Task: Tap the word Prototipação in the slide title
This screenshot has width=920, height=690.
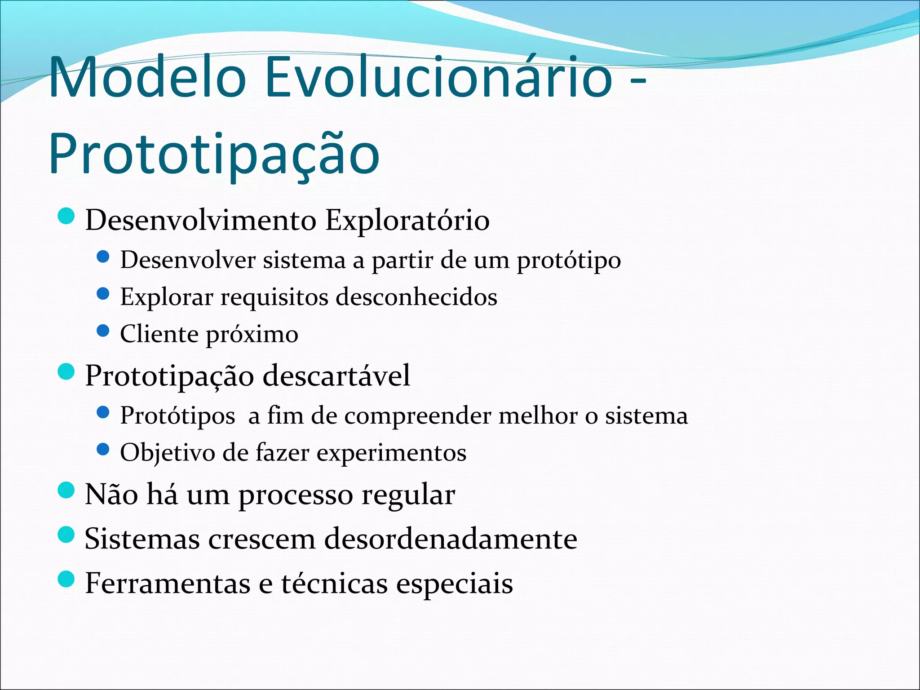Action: (x=214, y=154)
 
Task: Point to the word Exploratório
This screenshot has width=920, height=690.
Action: (x=407, y=220)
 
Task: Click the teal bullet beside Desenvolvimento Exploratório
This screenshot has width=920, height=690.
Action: (x=66, y=216)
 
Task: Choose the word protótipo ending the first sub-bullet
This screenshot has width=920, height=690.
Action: (x=569, y=261)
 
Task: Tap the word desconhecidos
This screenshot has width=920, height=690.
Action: (x=416, y=297)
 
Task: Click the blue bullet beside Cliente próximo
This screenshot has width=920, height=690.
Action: (x=103, y=331)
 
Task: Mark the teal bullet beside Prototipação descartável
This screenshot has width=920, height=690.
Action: (x=66, y=372)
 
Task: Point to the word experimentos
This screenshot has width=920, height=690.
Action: (x=391, y=453)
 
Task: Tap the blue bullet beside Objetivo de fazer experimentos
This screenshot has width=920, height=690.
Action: (x=103, y=449)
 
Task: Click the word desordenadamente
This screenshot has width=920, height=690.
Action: (x=451, y=539)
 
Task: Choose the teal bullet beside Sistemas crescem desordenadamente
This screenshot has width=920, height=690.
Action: (x=66, y=535)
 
